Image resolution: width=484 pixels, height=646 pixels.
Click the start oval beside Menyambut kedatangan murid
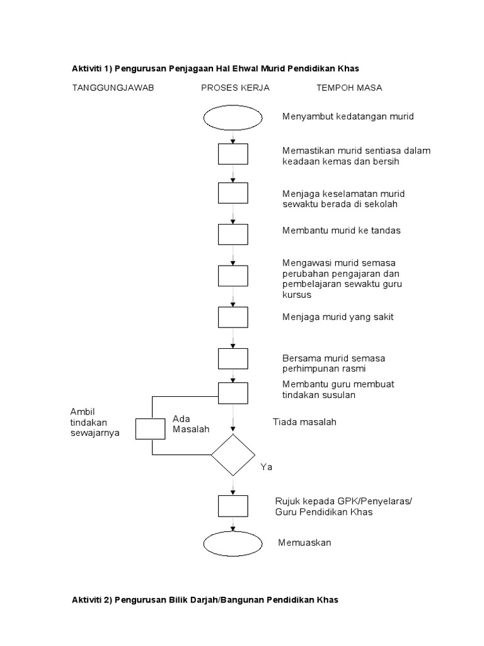pyautogui.click(x=233, y=117)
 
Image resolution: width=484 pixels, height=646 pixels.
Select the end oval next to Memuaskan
pyautogui.click(x=233, y=543)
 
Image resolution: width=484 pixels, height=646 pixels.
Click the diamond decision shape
pyautogui.click(x=233, y=455)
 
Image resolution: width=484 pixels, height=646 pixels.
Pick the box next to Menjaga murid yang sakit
pyautogui.click(x=233, y=317)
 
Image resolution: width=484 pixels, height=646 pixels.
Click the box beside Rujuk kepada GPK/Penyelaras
pyautogui.click(x=233, y=506)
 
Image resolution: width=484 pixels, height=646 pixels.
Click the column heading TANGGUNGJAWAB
pyautogui.click(x=113, y=88)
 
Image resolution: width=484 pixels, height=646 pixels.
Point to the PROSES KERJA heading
pyautogui.click(x=235, y=88)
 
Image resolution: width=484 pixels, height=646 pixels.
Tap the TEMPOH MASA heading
pyautogui.click(x=349, y=88)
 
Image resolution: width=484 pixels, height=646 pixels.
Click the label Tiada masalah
pyautogui.click(x=304, y=421)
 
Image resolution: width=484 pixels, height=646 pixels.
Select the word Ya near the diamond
pyautogui.click(x=266, y=467)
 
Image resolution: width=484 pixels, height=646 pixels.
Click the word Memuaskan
pyautogui.click(x=304, y=543)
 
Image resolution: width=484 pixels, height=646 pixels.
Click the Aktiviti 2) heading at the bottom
pyautogui.click(x=205, y=600)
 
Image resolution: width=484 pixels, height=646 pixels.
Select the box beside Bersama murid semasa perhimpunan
pyautogui.click(x=233, y=358)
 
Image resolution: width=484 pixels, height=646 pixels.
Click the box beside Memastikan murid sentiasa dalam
pyautogui.click(x=233, y=154)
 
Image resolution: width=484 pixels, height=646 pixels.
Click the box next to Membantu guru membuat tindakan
pyautogui.click(x=233, y=392)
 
